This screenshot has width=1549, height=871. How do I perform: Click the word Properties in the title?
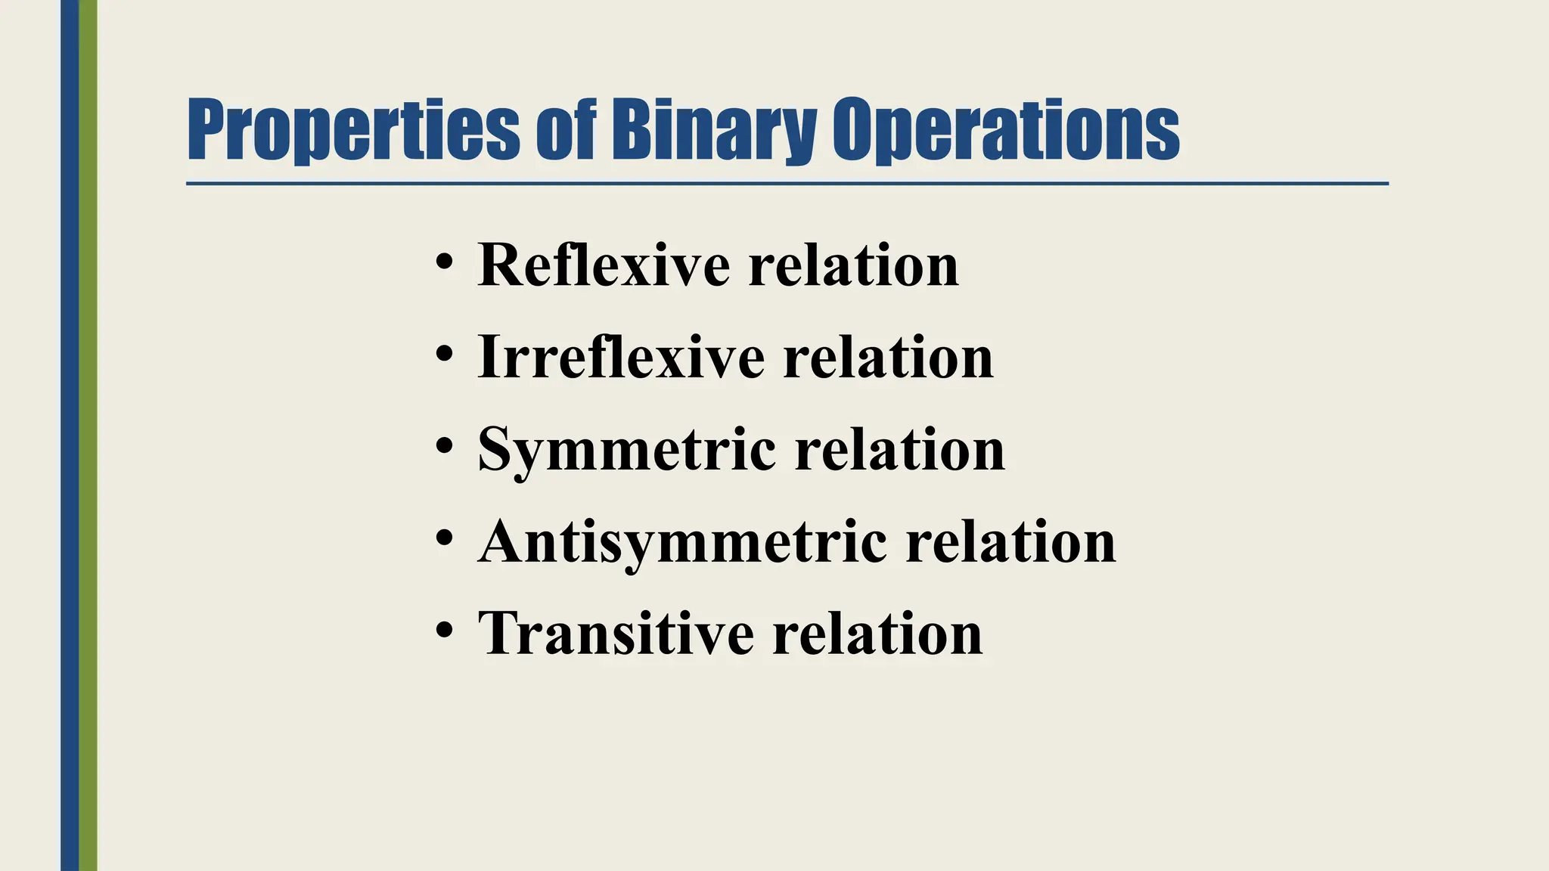point(353,130)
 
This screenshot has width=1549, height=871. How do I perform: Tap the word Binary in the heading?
point(712,130)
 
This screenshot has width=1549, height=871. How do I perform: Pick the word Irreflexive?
point(621,358)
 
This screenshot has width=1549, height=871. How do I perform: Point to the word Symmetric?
point(627,450)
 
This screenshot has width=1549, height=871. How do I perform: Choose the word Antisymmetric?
point(682,542)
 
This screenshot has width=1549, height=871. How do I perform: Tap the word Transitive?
point(616,634)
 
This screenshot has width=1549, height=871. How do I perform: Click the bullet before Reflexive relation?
point(445,262)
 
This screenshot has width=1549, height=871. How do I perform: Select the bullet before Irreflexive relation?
point(445,355)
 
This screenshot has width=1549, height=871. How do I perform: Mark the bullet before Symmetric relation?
point(445,446)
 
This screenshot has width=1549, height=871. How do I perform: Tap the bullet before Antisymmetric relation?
point(445,538)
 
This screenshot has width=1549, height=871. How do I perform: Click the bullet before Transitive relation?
point(445,630)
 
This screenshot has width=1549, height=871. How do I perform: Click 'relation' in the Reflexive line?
point(853,265)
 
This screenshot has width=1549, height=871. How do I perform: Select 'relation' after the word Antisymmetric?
point(1010,542)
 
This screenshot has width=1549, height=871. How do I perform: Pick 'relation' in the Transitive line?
point(877,634)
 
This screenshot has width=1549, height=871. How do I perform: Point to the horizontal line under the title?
point(787,183)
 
